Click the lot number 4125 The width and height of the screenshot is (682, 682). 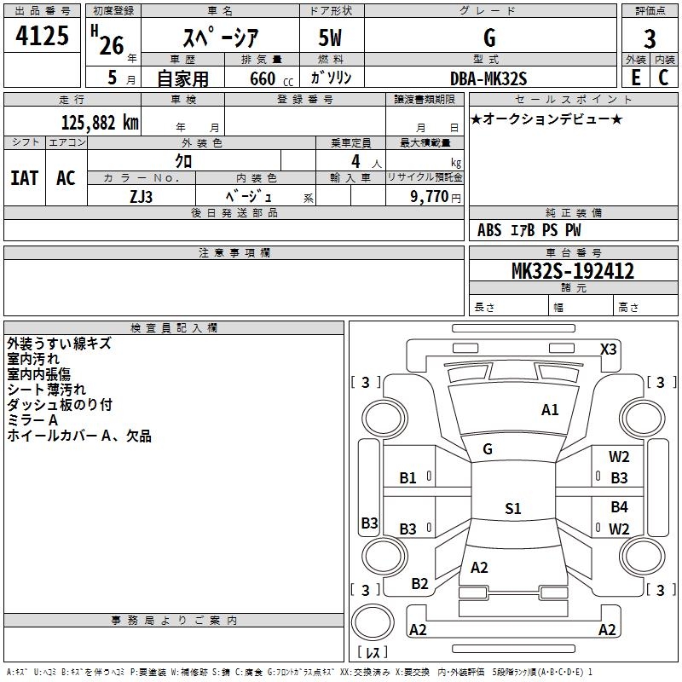pyautogui.click(x=42, y=36)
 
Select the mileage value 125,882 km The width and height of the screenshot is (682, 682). pyautogui.click(x=100, y=123)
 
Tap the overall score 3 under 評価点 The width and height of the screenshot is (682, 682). pyautogui.click(x=650, y=39)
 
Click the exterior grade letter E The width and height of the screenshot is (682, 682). pyautogui.click(x=635, y=78)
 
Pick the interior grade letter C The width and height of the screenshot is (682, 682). pyautogui.click(x=663, y=78)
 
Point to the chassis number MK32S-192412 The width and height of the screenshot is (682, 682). pyautogui.click(x=573, y=270)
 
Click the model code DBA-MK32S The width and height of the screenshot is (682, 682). pyautogui.click(x=488, y=78)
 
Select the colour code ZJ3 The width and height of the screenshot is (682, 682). pyautogui.click(x=142, y=197)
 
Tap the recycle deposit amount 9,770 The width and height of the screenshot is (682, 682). pyautogui.click(x=430, y=196)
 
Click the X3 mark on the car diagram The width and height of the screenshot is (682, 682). pyautogui.click(x=608, y=349)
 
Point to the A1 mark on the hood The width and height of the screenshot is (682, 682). pyautogui.click(x=550, y=410)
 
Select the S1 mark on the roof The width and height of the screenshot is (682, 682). pyautogui.click(x=513, y=508)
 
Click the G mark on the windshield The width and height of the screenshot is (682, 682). pyautogui.click(x=488, y=448)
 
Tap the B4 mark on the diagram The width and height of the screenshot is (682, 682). pyautogui.click(x=619, y=506)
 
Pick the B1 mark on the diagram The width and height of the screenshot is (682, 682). pyautogui.click(x=407, y=478)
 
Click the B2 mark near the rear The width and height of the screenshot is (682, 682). pyautogui.click(x=419, y=583)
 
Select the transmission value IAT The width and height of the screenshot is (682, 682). pyautogui.click(x=25, y=178)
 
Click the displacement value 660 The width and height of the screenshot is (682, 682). pyautogui.click(x=263, y=78)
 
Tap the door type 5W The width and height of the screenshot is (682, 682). pyautogui.click(x=330, y=38)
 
